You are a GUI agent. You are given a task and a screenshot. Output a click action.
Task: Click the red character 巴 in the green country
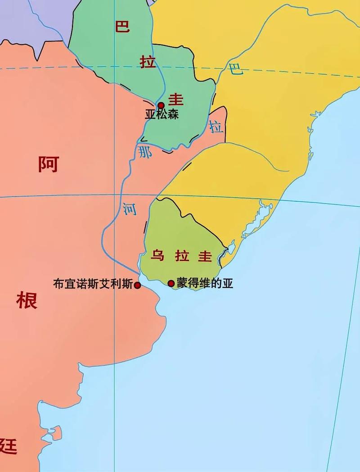coord(122,26)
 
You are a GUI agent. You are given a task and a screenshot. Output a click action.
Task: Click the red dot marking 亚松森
coord(161,105)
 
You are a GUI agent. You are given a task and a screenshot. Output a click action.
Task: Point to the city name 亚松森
coord(162,114)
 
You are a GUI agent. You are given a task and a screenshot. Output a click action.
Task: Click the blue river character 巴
coord(236,69)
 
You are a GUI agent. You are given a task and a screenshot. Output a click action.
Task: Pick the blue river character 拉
coord(216,127)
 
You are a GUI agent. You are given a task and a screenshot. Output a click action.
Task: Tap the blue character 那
coord(145,151)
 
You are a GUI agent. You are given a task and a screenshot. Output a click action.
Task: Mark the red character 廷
coord(8,446)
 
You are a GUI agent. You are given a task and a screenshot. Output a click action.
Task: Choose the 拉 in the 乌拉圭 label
coord(181,256)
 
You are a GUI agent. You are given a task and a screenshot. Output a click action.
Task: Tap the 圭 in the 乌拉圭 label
coord(205,256)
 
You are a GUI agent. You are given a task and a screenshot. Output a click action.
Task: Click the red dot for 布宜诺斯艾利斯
coord(137,285)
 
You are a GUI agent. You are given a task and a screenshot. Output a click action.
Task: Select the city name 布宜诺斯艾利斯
coord(93,285)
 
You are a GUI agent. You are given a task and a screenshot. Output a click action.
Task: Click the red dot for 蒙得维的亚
coord(171,283)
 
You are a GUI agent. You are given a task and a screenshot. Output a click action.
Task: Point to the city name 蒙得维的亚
coord(205,283)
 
